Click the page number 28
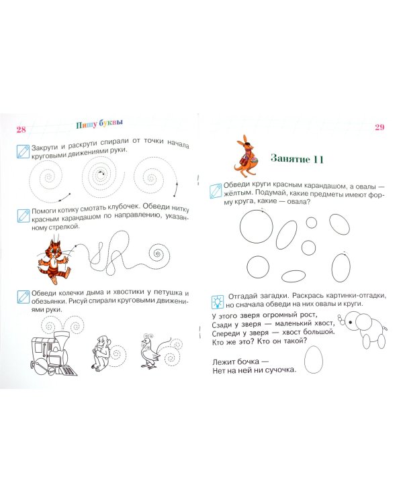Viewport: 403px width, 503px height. [21, 129]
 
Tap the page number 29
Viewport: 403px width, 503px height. [379, 127]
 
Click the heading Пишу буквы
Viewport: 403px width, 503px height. [99, 123]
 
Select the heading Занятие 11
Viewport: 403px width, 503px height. [297, 159]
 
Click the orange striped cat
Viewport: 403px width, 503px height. [53, 259]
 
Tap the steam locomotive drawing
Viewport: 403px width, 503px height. [53, 353]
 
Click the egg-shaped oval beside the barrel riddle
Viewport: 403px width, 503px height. [314, 359]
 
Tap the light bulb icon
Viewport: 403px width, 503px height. [218, 301]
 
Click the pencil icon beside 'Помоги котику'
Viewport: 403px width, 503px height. [23, 216]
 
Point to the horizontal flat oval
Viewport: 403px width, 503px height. [294, 276]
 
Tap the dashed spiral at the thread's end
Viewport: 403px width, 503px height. [159, 254]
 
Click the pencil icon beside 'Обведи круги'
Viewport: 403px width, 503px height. [216, 190]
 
